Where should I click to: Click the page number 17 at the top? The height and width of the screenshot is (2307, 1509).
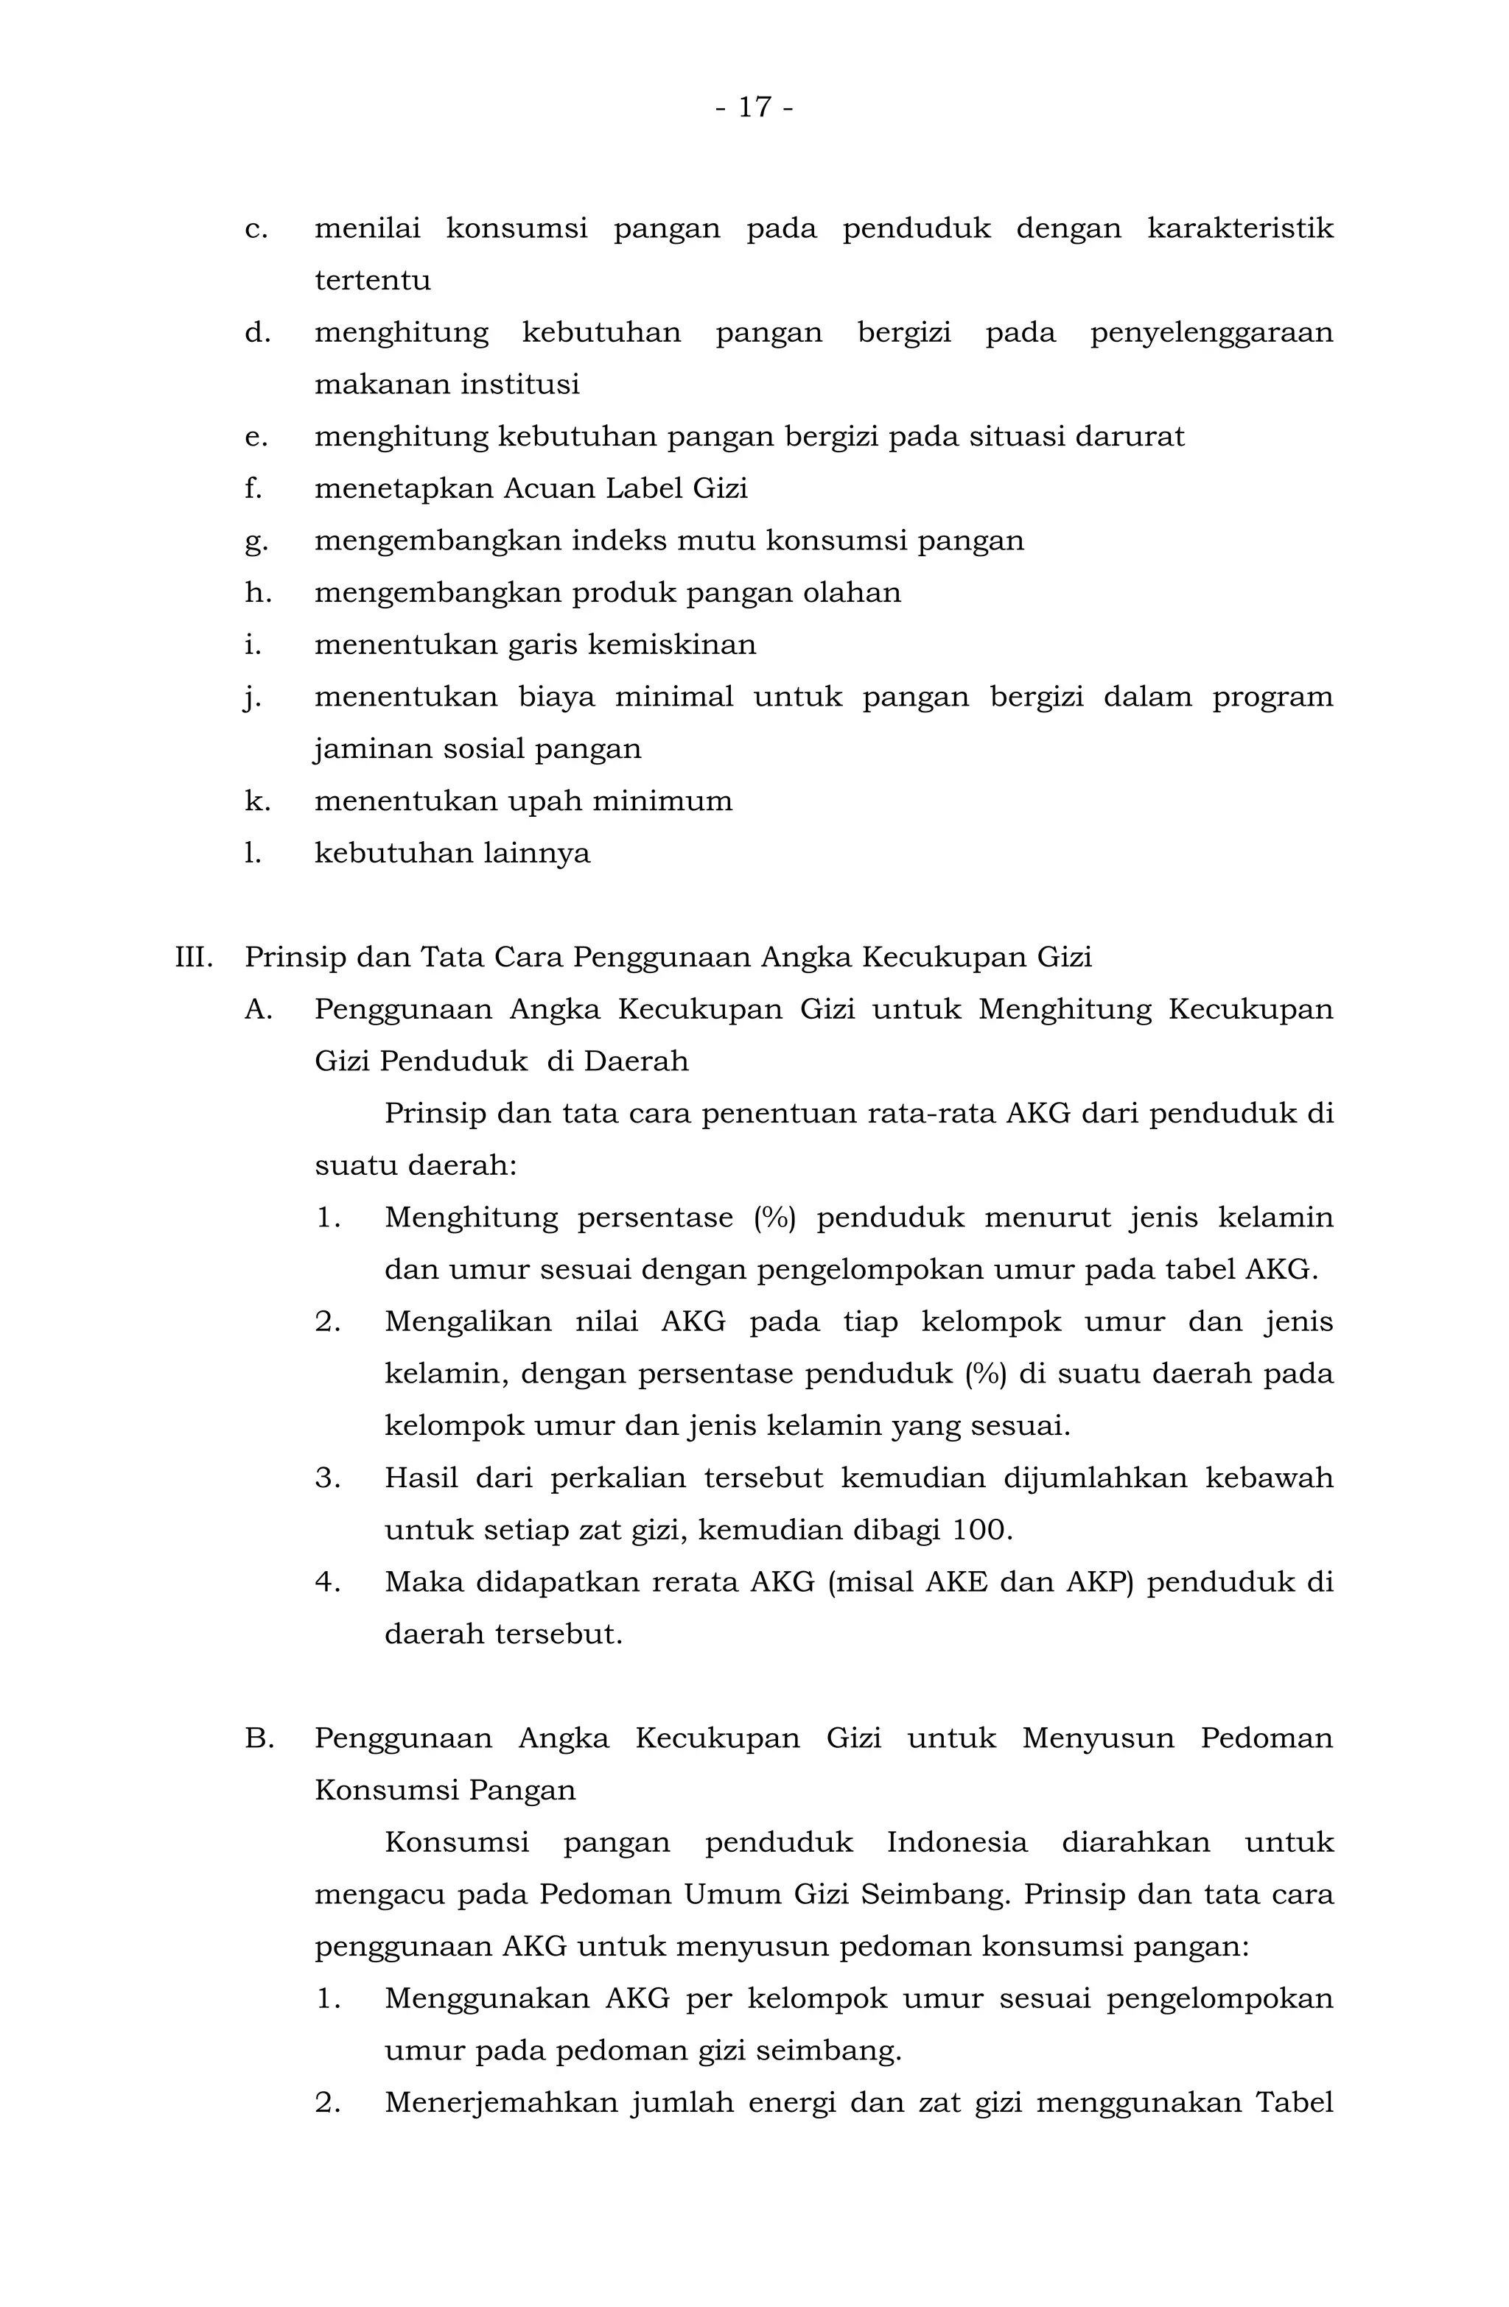click(x=754, y=107)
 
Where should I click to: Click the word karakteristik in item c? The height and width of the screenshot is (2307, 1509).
click(x=1239, y=229)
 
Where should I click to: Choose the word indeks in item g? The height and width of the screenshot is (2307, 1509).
click(x=617, y=541)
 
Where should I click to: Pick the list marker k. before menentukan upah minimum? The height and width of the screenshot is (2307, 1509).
click(x=257, y=801)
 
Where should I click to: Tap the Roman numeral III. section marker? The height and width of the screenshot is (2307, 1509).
click(x=193, y=958)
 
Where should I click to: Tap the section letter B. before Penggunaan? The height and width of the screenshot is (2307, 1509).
click(x=259, y=1739)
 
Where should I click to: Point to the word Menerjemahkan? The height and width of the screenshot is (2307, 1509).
click(x=500, y=2104)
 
